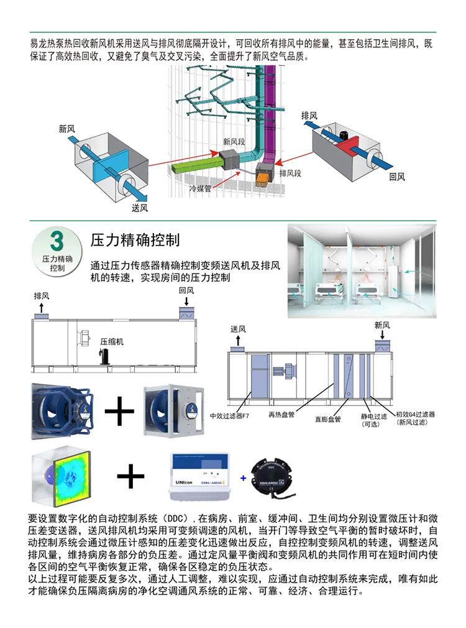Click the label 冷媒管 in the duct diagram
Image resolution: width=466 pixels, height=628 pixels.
click(x=201, y=188)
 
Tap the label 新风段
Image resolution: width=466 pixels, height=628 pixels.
click(x=234, y=141)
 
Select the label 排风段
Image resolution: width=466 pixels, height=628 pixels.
click(x=290, y=173)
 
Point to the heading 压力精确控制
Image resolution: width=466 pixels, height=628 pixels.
click(x=135, y=240)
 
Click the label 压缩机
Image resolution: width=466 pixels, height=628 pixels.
click(x=112, y=341)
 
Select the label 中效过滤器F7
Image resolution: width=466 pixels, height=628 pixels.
click(x=231, y=415)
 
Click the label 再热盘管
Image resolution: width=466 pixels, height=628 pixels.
click(x=281, y=413)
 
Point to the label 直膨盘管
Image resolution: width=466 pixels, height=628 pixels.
click(x=328, y=420)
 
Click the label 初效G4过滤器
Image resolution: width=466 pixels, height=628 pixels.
click(x=415, y=413)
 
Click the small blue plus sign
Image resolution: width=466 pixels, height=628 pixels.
click(x=243, y=478)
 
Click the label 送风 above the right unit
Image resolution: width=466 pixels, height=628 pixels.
click(x=239, y=328)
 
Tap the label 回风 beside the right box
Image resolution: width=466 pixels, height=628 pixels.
click(x=397, y=177)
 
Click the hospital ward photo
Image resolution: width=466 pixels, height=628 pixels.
click(x=362, y=272)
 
